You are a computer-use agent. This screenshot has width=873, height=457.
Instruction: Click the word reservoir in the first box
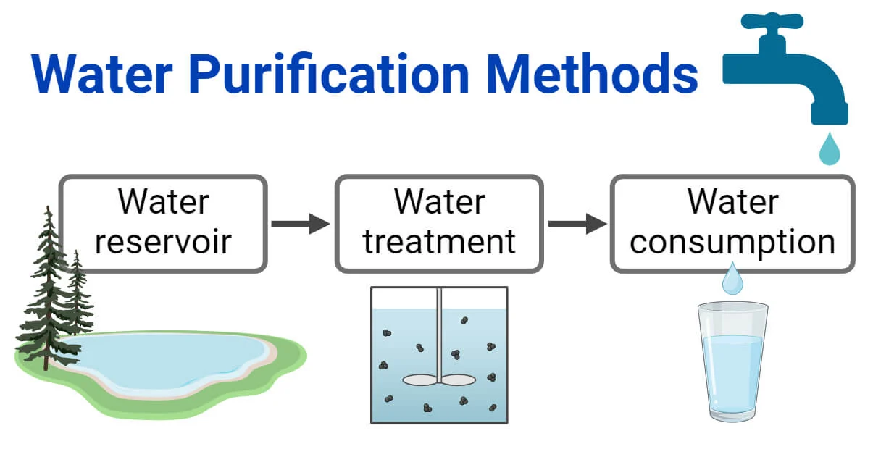point(163,242)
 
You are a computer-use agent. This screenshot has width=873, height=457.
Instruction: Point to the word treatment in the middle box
point(439,242)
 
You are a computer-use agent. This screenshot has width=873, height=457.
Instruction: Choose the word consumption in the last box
point(732,242)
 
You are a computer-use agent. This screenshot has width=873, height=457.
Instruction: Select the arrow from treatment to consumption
point(577,224)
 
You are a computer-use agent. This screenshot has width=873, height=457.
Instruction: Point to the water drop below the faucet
point(829,150)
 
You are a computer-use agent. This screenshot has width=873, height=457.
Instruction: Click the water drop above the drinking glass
point(732,280)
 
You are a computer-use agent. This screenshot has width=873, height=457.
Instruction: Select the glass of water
point(732,362)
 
